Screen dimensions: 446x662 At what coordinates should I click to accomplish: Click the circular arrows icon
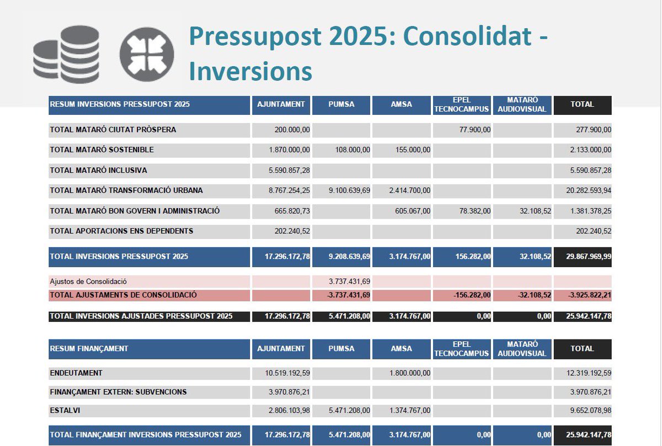pos(146,55)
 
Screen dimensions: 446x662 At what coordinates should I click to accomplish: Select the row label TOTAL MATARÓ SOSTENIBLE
pos(102,150)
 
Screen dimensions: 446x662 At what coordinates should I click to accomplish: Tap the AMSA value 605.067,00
pos(411,211)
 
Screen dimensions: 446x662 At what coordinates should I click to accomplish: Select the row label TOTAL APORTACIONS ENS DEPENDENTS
pos(121,231)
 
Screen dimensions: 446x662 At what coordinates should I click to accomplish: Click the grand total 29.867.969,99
pos(583,257)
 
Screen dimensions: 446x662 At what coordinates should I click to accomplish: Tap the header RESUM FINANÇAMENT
pos(89,349)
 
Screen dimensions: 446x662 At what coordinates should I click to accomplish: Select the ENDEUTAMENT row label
pos(76,373)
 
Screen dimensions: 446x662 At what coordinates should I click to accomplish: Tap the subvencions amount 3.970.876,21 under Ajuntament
pos(287,392)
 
